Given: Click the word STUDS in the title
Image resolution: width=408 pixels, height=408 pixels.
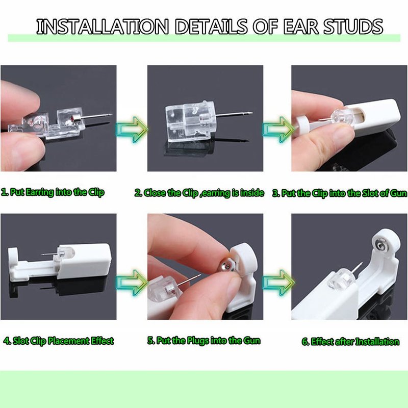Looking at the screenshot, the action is (x=353, y=27).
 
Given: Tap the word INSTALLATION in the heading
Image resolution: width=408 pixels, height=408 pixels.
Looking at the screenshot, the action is (x=103, y=27).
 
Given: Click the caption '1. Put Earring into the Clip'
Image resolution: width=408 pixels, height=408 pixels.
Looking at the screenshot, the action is (x=53, y=192).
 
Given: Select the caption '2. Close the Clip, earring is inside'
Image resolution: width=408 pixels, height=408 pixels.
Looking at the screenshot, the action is (x=199, y=193).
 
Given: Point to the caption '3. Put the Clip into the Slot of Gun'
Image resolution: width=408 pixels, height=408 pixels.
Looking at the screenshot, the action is (x=340, y=193).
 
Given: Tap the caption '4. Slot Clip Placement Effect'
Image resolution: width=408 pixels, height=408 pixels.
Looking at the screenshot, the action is (x=59, y=341).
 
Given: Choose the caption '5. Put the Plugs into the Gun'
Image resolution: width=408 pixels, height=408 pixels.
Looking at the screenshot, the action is (x=204, y=341).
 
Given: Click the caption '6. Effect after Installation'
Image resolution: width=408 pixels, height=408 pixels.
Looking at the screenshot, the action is (x=350, y=341).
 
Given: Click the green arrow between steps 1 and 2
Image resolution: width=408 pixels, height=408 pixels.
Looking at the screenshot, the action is (x=132, y=130).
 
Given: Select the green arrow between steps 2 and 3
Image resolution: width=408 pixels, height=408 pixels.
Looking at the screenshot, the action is (x=278, y=130).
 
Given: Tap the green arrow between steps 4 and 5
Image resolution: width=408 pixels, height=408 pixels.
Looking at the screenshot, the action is (x=132, y=283).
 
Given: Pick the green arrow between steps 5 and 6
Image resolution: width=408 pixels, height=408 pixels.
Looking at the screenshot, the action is (x=278, y=283).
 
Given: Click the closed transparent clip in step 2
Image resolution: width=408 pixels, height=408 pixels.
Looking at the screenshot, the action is (x=190, y=121).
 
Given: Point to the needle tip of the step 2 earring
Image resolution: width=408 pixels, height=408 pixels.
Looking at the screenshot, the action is (x=252, y=113).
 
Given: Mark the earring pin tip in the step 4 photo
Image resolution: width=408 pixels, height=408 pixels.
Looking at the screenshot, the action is (x=42, y=254).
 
